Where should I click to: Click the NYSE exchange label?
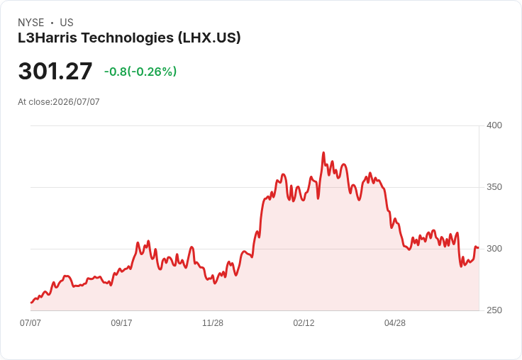tap(31, 23)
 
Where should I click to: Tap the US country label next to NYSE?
tap(67, 23)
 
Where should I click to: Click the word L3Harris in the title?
tap(48, 38)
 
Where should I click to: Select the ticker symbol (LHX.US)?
tap(209, 38)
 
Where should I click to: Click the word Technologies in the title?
tap(128, 38)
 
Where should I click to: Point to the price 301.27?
tap(55, 71)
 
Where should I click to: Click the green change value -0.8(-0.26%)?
tap(140, 72)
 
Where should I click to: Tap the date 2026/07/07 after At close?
tap(76, 102)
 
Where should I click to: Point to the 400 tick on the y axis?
tap(494, 125)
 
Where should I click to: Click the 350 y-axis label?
tap(494, 187)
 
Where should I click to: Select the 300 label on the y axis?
tap(494, 249)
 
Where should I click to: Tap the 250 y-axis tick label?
tap(494, 310)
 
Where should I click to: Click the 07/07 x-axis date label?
tap(30, 322)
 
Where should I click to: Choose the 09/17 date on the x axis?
tap(121, 322)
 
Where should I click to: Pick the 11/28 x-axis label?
tap(213, 322)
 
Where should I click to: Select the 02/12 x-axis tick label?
tap(304, 322)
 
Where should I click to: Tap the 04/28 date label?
tap(395, 322)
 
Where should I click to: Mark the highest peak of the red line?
tap(323, 153)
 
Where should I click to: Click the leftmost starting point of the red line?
tap(31, 303)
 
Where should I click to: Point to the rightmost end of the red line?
tap(479, 247)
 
